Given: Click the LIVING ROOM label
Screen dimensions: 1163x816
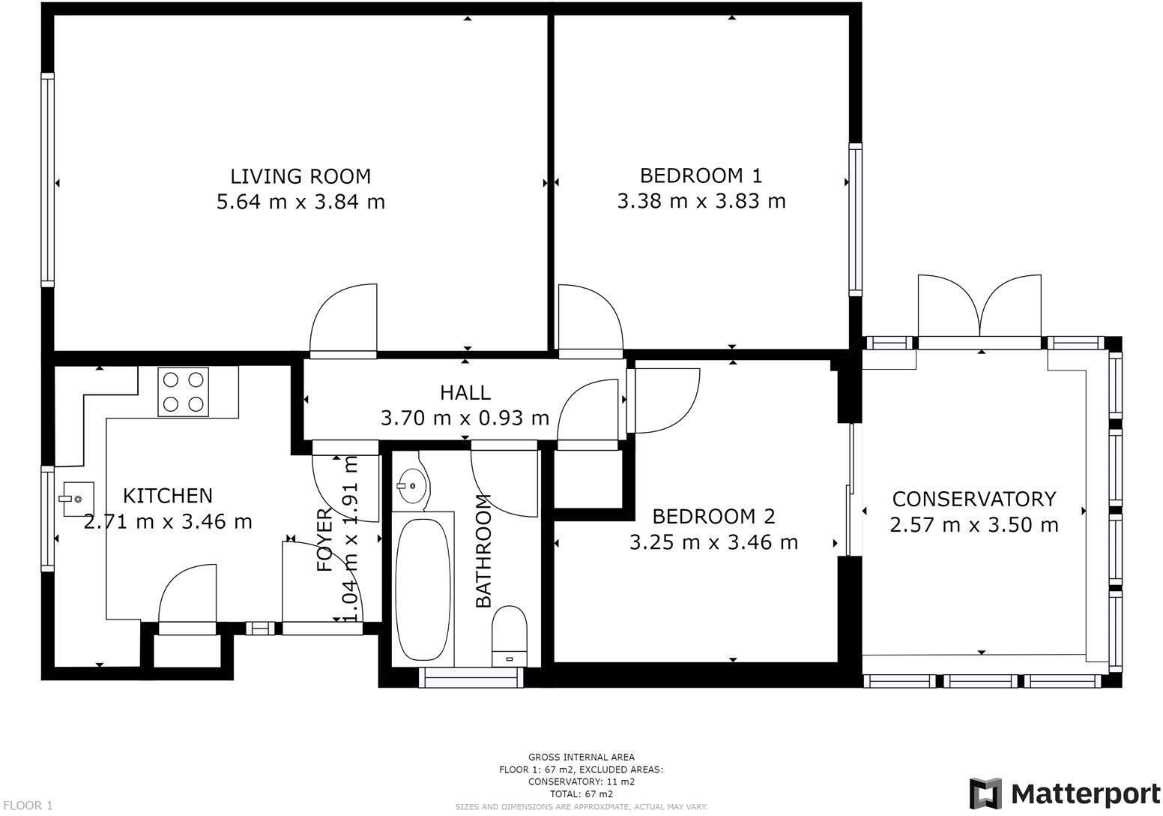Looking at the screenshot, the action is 300,177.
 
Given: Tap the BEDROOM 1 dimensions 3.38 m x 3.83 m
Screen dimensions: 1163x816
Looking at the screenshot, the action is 701,201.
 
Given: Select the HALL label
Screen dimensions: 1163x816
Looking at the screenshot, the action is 465,393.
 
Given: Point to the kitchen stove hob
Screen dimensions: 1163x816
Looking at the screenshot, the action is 184,392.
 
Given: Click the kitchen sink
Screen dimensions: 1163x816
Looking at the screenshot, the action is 78,499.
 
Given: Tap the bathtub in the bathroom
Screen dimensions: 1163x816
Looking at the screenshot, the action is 423,589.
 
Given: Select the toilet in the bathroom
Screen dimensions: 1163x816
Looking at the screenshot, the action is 509,636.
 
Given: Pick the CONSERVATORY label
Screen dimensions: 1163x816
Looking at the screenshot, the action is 974,499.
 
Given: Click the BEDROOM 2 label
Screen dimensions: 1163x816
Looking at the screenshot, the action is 713,517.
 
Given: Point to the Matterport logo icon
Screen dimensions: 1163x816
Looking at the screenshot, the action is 985,793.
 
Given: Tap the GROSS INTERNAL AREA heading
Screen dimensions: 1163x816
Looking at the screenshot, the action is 581,757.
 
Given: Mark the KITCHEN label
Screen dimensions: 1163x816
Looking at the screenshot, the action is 168,496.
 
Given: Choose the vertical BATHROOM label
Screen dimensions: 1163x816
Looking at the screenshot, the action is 483,551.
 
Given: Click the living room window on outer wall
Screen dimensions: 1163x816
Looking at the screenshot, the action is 47,180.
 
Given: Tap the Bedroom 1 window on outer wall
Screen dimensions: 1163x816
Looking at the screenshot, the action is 855,220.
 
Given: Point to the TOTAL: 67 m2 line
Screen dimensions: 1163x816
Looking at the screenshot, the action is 581,793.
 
